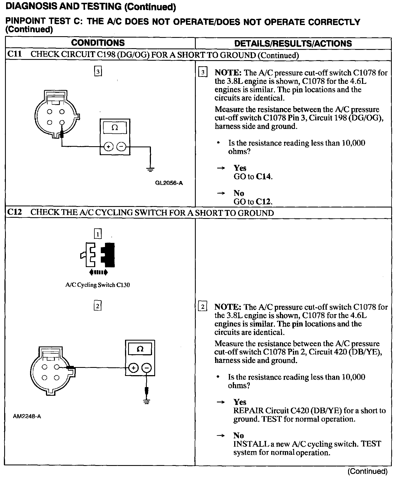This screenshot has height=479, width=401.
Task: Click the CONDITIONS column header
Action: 98,43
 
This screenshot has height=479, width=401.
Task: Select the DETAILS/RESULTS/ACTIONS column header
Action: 293,43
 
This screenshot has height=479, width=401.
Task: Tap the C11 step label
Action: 14,54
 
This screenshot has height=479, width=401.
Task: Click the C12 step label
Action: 14,212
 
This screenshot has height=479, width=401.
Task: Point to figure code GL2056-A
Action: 169,183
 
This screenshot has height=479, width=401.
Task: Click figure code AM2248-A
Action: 27,416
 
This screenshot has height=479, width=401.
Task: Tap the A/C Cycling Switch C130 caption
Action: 97,285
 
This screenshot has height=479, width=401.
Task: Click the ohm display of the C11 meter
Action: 115,128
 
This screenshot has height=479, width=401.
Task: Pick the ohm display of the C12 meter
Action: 140,349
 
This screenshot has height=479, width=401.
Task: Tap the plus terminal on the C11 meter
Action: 109,146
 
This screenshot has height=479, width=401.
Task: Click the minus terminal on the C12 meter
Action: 146,368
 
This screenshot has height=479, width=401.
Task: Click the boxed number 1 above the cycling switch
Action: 98,234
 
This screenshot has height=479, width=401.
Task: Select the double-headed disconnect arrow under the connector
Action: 98,272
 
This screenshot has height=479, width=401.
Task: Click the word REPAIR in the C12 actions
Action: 248,410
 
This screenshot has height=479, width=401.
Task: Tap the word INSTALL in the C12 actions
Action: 249,444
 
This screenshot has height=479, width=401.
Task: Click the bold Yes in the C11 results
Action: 240,168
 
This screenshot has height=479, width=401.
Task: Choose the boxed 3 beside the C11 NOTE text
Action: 203,73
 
